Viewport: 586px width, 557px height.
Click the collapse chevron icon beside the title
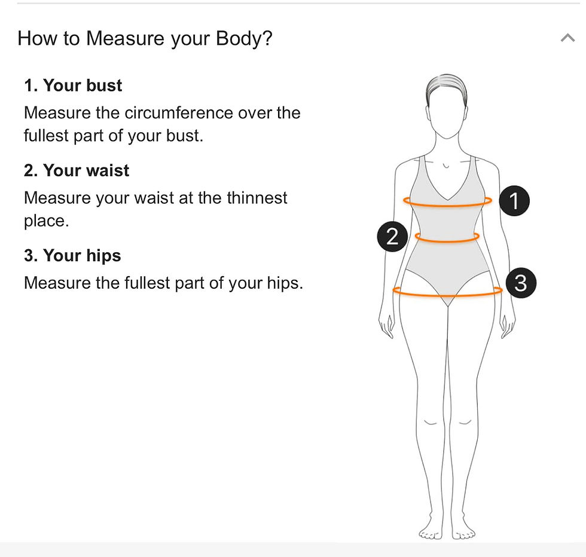[x=567, y=38]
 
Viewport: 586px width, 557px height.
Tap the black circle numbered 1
[x=514, y=201]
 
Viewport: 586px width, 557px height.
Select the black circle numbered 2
[x=392, y=237]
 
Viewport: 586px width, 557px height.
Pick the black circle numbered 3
[x=521, y=283]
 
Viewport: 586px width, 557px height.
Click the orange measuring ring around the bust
[x=447, y=205]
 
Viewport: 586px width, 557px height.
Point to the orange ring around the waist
[x=447, y=241]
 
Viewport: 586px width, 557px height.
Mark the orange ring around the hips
[x=447, y=295]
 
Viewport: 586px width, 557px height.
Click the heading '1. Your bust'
[x=73, y=85]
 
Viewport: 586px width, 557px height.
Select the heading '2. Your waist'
[x=77, y=170]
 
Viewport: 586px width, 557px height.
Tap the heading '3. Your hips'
[x=72, y=256]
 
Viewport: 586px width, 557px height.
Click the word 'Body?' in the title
[x=245, y=38]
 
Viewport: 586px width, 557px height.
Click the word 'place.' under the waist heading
[x=47, y=221]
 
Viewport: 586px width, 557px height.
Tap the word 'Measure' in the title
[x=125, y=38]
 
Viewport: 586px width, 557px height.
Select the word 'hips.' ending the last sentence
[x=285, y=283]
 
